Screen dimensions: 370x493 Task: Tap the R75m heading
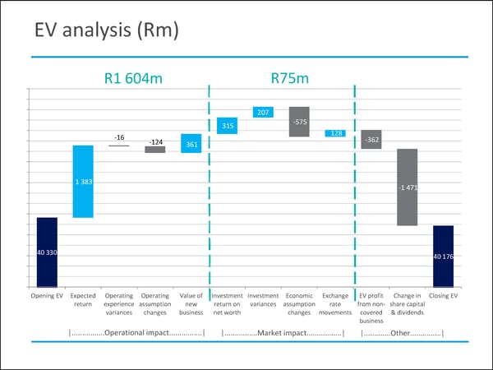pos(289,79)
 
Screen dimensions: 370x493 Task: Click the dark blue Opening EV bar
pos(47,252)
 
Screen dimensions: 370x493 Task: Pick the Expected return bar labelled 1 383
pos(83,182)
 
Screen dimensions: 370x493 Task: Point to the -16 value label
pos(119,137)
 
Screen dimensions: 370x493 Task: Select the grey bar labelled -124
pos(155,150)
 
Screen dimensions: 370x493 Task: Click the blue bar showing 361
pos(191,144)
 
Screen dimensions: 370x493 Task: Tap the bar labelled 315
pos(228,126)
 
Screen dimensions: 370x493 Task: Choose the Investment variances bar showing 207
pos(263,112)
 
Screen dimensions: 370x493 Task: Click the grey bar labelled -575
pos(299,122)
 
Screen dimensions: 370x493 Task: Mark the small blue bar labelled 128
pos(335,133)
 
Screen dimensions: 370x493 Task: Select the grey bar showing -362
pos(371,139)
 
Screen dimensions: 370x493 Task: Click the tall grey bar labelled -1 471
pos(408,187)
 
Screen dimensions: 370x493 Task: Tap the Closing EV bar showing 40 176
pos(444,257)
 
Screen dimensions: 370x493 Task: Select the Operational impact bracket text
pos(137,333)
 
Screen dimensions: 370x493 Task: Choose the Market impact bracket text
pos(283,333)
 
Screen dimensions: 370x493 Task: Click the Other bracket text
pos(403,333)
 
